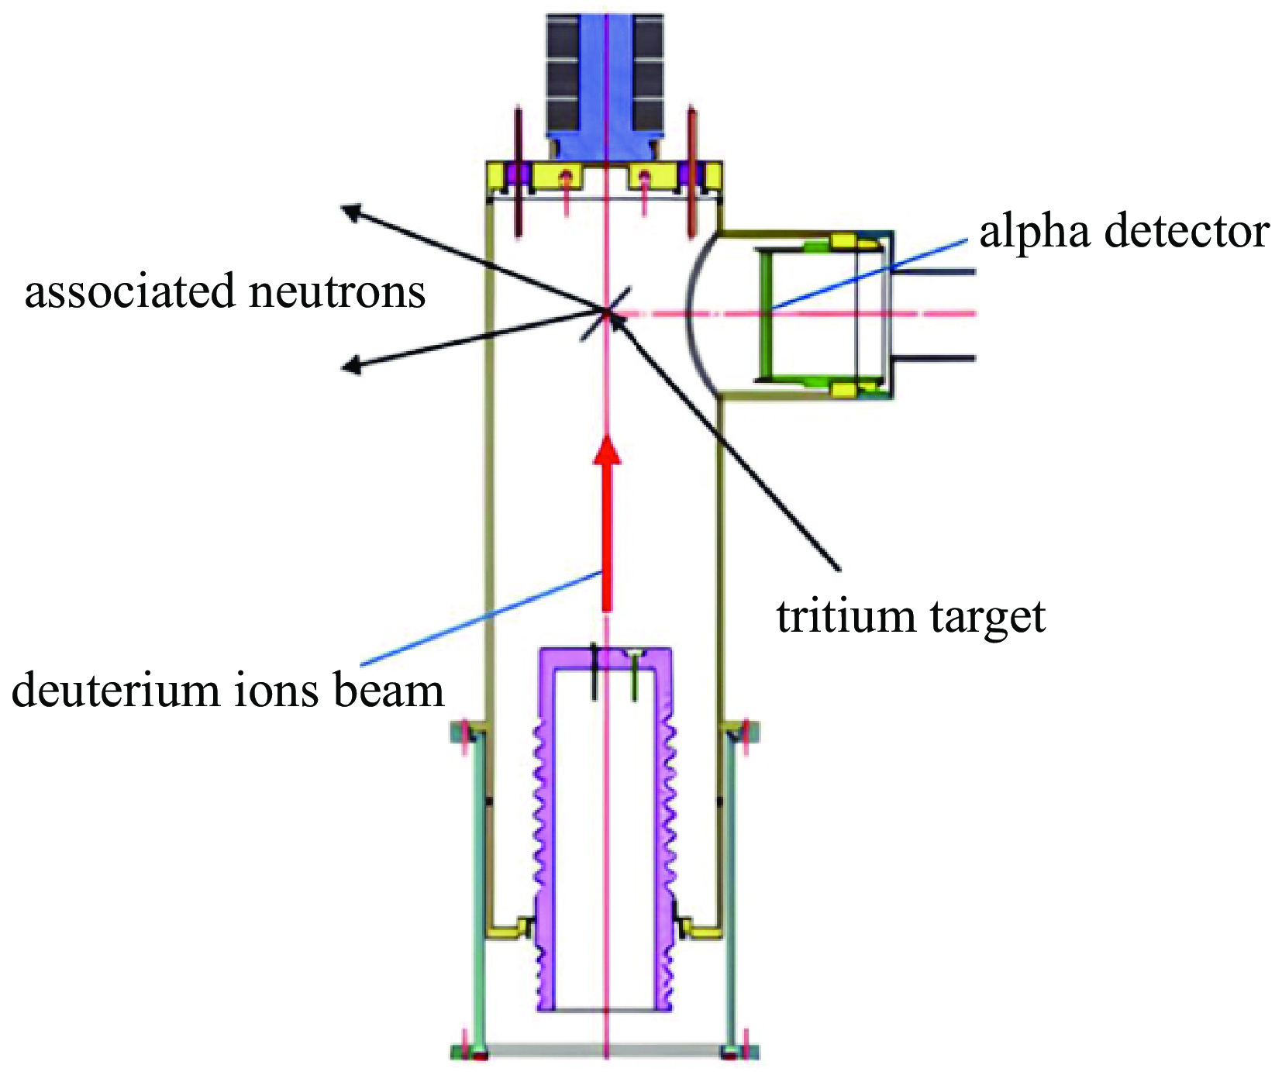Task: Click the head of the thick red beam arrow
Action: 607,450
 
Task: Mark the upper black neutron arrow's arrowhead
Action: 352,211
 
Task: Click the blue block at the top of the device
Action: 605,78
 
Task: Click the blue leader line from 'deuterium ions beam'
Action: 481,618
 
